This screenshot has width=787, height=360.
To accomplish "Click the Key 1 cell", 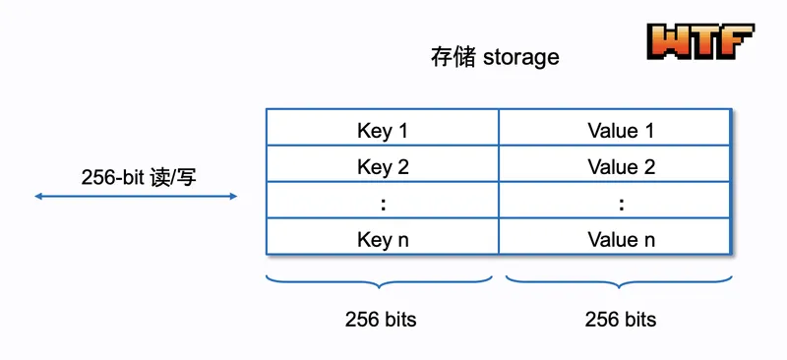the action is pos(383,128).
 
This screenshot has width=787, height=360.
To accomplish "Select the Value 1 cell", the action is pos(615,128).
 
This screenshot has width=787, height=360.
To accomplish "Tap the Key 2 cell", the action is pos(383,163).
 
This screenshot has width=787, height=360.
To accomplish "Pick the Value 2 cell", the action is pos(615,163).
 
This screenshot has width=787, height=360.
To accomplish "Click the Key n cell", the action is pos(383,236).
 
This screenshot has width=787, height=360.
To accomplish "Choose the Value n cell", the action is pos(615,236).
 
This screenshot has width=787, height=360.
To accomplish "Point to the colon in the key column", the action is pos(384,205).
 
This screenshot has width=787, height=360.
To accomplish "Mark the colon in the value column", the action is pos(622,205).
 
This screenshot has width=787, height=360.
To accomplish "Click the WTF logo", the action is pos(700,41).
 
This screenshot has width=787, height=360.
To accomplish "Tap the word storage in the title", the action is pos(520,58).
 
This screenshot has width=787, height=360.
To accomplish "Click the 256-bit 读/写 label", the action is pos(139,177).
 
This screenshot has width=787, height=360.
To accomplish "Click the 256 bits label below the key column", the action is pos(381,319).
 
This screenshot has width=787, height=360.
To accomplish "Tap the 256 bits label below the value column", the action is pos(621,319).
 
